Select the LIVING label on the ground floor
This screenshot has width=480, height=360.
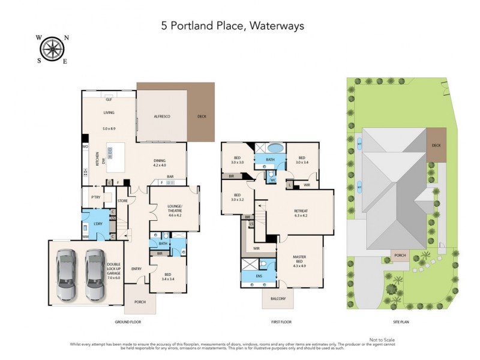[x=109, y=112]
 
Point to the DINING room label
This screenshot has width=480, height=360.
[x=159, y=160]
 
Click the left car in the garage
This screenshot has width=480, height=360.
[x=67, y=274]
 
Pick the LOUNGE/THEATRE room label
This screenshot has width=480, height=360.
[x=175, y=209]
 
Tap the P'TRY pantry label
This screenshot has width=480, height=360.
[x=95, y=196]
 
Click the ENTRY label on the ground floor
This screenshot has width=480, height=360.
[x=136, y=268]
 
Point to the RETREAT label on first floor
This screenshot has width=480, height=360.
[x=301, y=211]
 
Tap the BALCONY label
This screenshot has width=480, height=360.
[x=278, y=298]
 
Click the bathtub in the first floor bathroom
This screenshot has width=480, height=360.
[x=275, y=148]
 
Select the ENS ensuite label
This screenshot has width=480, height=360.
[x=258, y=276]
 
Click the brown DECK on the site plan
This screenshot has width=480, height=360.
[x=436, y=150]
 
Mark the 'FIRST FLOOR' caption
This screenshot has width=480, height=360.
[x=281, y=322]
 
